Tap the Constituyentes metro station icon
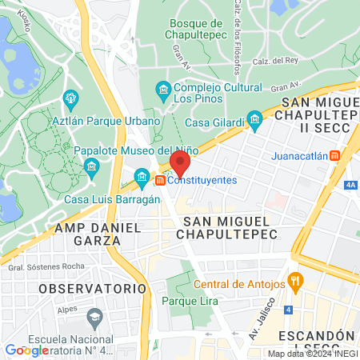(x=161, y=181)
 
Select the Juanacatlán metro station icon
(x=336, y=156)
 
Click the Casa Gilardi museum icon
(x=255, y=122)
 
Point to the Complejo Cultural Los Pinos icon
(x=163, y=88)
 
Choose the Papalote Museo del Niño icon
(x=90, y=166)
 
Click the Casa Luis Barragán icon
(x=142, y=175)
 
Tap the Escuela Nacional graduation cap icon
(x=95, y=317)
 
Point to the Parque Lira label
(x=186, y=301)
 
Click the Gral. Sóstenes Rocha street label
(x=51, y=266)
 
